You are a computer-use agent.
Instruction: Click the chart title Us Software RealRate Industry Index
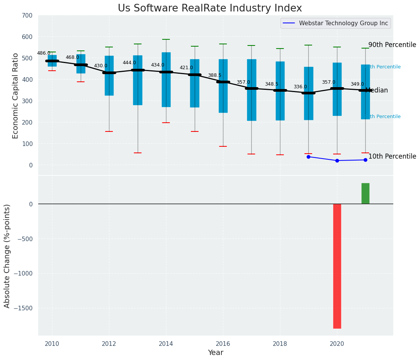pos(210,8)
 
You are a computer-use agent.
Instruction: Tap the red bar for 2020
pos(337,266)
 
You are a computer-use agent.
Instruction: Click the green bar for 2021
pos(365,193)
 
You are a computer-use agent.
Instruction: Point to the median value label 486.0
pos(44,53)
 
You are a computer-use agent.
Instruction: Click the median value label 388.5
pos(215,75)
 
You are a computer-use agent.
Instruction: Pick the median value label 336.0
pos(300,87)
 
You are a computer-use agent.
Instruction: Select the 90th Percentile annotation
pos(392,45)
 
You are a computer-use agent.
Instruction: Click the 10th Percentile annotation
pos(392,156)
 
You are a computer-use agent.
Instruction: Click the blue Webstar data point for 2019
pos(308,157)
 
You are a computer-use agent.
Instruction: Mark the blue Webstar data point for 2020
pos(337,161)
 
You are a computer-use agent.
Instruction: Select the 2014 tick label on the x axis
pos(166,344)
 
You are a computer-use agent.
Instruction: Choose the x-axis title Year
pos(215,353)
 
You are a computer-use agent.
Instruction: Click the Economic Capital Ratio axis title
pos(16,96)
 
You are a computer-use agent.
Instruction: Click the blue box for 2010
pos(52,60)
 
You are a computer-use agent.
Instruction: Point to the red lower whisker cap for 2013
pos(138,153)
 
